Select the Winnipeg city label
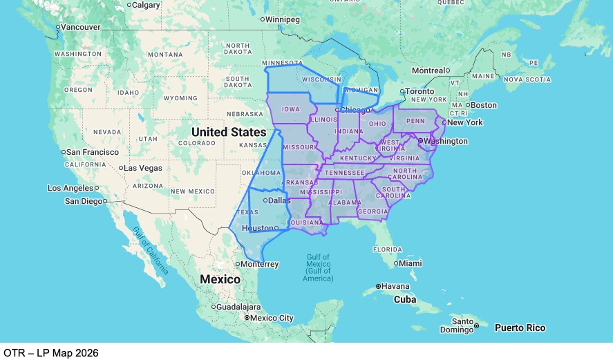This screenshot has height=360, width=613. pos(283,19)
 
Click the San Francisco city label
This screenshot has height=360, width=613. pos(93,152)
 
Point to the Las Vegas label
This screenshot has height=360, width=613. pos(143,168)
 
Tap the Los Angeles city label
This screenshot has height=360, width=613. pos(70,188)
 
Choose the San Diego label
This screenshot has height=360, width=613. pos(83,201)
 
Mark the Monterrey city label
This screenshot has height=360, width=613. pos(260,264)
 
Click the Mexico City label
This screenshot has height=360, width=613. pos(272,318)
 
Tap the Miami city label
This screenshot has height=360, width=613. pos(411,263)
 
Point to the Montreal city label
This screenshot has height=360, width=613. pos(428,70)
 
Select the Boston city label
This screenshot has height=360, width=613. pos(483,105)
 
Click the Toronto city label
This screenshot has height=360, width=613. pos(420,91)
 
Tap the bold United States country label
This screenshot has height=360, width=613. pos(229,131)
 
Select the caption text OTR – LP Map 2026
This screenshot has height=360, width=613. pos(50,352)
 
